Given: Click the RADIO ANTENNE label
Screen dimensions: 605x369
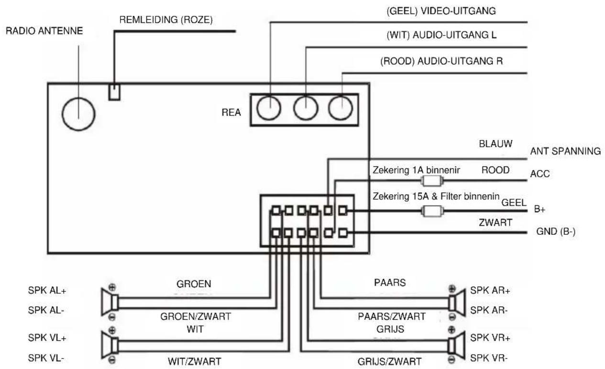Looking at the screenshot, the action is (44, 31).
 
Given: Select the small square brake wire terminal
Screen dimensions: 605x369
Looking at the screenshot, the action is (114, 92).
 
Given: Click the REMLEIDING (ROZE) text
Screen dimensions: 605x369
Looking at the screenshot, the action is (166, 20).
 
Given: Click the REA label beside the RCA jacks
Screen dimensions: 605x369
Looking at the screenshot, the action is (231, 112).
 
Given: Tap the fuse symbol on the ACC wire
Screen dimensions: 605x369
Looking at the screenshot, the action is (432, 181).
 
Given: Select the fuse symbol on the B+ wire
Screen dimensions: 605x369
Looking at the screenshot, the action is (432, 211).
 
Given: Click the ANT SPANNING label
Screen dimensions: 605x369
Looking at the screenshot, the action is (565, 151).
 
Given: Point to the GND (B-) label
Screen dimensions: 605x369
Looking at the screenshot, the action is (556, 231).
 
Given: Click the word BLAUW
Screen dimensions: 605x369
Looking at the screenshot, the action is (495, 144).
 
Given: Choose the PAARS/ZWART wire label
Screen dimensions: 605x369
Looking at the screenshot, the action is (392, 316).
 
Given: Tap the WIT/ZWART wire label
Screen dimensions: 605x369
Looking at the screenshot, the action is (195, 361).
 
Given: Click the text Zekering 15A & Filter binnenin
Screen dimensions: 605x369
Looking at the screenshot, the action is (436, 196).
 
